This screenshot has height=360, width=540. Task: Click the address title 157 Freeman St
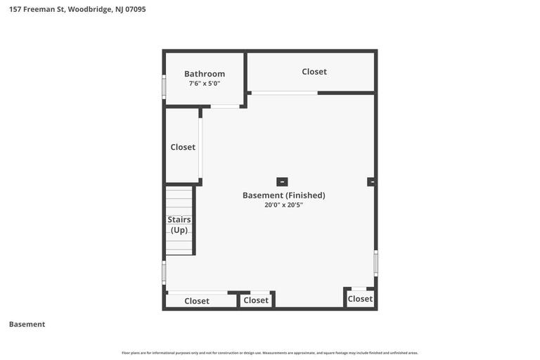(77, 9)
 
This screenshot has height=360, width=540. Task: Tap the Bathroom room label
(205, 74)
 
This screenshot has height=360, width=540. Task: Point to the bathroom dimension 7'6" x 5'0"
(205, 84)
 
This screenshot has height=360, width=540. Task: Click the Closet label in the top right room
(314, 72)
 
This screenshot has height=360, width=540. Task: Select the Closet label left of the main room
(183, 147)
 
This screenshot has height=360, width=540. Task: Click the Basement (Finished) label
(283, 195)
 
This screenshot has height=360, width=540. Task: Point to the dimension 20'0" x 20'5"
(283, 205)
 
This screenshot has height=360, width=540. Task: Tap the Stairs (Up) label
(179, 224)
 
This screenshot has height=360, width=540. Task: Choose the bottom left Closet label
(197, 301)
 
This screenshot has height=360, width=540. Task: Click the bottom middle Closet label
(256, 300)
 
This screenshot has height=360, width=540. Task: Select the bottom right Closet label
(360, 299)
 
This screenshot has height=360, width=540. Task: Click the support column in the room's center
(282, 181)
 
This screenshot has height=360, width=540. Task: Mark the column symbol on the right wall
(371, 181)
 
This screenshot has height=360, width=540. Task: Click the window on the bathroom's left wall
(164, 86)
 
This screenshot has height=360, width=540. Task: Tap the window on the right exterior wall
(376, 263)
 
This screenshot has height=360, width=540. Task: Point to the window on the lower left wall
(164, 272)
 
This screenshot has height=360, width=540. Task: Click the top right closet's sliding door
(285, 93)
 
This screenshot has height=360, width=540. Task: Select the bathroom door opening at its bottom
(225, 106)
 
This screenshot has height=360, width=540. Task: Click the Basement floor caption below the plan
(27, 324)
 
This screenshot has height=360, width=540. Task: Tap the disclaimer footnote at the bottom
(270, 353)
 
